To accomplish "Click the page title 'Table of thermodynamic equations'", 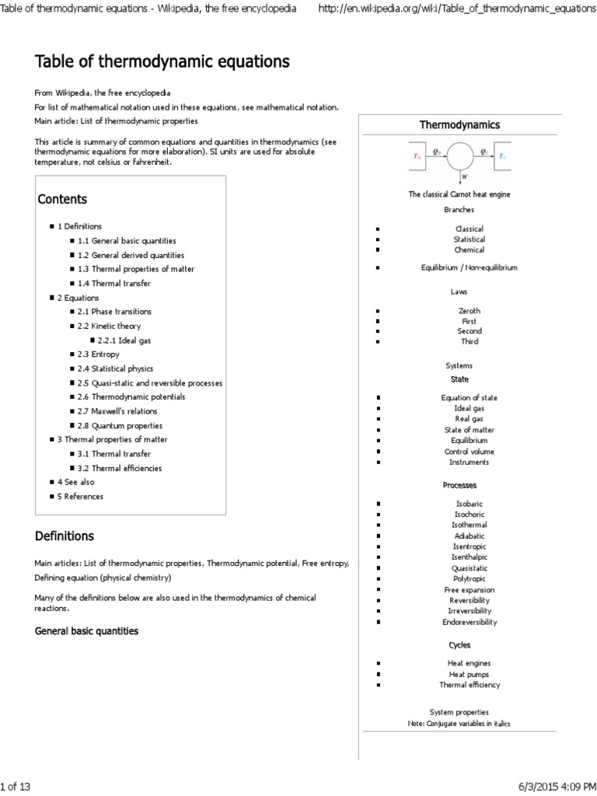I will tap(162, 61).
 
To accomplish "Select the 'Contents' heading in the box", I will tap(63, 199).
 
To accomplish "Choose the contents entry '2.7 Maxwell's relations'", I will tap(117, 411).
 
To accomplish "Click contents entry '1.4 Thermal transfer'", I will tap(114, 284).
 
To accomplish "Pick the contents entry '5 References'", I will tap(80, 496).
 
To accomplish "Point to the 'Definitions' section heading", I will tap(65, 536).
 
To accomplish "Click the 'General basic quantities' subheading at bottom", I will tap(87, 631).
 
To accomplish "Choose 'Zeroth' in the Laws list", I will tap(469, 311).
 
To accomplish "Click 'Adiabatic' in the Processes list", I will tap(470, 536).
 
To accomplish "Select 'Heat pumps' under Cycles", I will tap(469, 674).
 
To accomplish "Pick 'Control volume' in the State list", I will tap(470, 452).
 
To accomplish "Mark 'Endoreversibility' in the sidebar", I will tap(470, 622).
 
